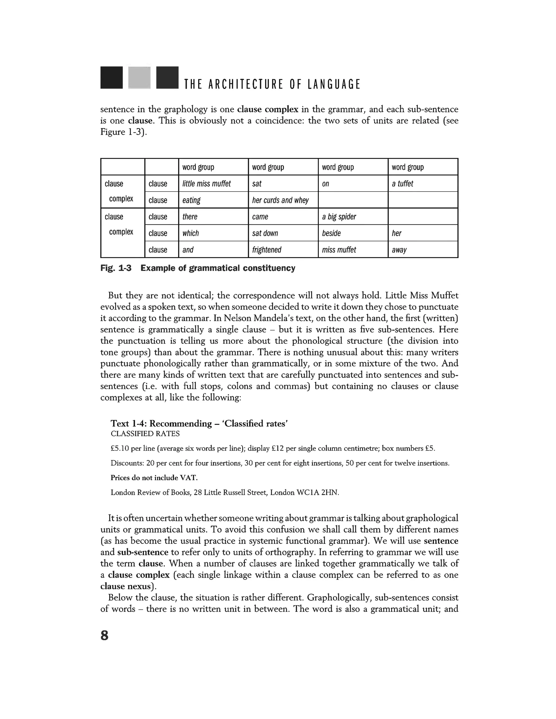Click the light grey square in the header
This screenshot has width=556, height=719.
pos(139,78)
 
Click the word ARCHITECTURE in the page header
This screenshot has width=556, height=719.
pos(246,85)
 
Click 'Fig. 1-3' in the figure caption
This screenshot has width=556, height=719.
pos(116,268)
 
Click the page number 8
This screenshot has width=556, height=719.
pos(105,635)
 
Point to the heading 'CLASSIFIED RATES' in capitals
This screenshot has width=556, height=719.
pos(145,434)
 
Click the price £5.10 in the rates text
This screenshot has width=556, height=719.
pos(120,448)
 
